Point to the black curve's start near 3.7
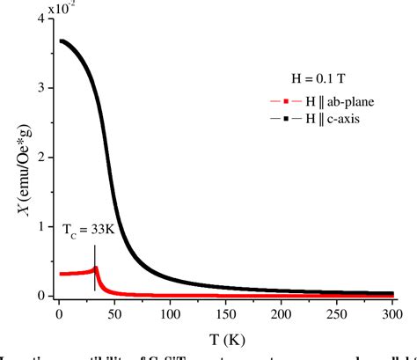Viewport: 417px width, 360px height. click(60, 40)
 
